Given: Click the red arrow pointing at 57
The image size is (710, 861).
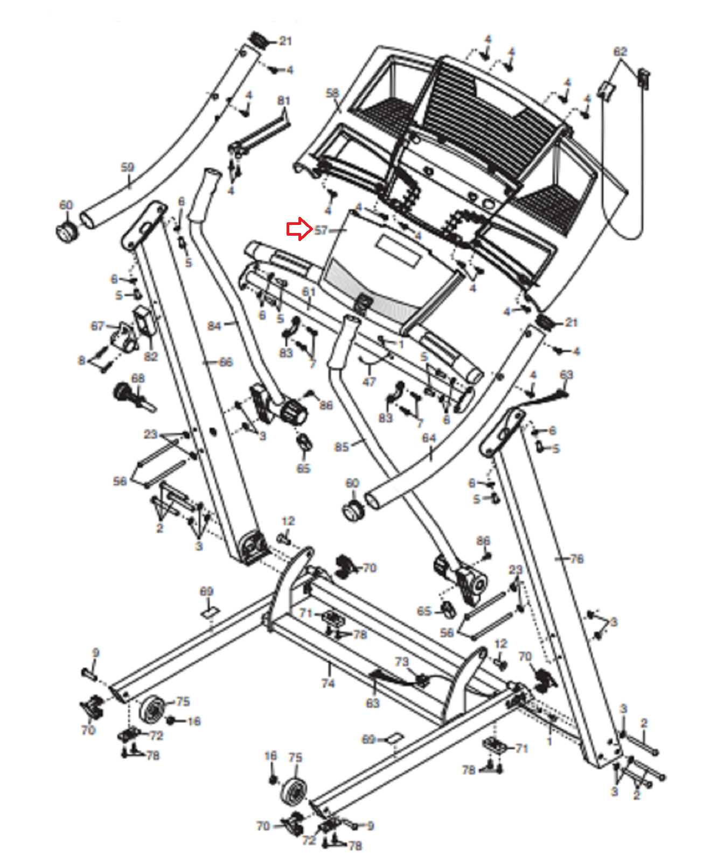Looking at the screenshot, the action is click(298, 230).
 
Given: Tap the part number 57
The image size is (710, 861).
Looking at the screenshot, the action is click(321, 230).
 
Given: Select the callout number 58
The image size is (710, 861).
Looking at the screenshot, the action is click(332, 93).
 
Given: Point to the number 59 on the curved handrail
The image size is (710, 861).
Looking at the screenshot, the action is click(127, 167).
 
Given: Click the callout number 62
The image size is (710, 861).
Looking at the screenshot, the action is click(620, 52).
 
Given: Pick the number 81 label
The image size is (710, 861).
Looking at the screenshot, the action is click(283, 101).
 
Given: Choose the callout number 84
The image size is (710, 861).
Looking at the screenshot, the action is click(214, 326).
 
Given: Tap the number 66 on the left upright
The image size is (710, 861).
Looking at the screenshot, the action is click(226, 362).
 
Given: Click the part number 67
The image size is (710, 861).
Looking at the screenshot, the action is click(97, 326).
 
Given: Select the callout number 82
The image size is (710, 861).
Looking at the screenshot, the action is click(151, 356).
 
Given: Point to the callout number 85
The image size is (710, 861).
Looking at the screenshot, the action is click(342, 447).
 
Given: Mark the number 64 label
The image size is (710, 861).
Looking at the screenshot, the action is click(429, 438).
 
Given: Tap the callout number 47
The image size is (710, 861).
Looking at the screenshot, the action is click(369, 382).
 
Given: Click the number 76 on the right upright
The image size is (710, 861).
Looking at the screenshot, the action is click(577, 559).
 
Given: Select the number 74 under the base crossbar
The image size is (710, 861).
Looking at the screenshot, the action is click(328, 683).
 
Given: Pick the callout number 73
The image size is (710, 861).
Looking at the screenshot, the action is click(402, 661).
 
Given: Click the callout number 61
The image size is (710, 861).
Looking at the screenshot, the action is click(309, 292).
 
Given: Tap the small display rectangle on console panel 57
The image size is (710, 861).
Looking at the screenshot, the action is click(399, 251).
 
